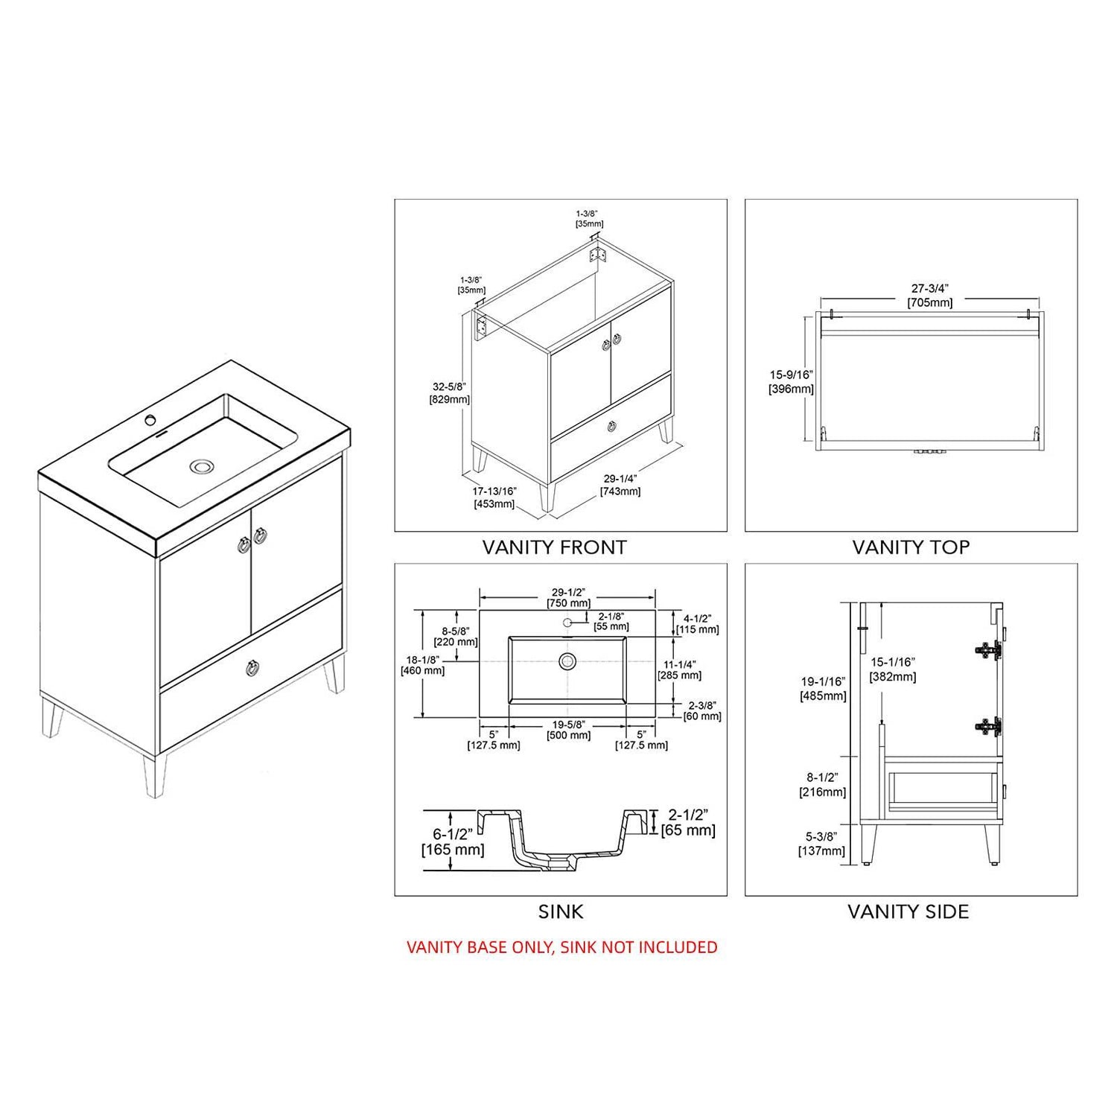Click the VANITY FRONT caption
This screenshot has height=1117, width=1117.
554,547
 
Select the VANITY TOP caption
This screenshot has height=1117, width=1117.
911,547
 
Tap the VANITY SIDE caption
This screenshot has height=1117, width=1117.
908,911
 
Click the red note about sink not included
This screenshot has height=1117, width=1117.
562,947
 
